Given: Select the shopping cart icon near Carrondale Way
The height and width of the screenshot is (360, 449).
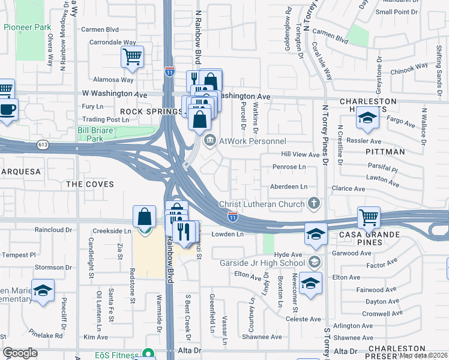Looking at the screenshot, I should click(132, 58).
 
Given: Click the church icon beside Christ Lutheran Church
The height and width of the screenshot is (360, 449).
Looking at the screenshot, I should click(313, 204).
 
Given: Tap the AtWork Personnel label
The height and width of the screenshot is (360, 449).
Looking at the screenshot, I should click(253, 141).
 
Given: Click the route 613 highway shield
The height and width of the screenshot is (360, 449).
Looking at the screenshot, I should click(43, 144).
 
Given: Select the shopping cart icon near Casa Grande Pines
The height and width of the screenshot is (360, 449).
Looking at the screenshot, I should click(369, 217).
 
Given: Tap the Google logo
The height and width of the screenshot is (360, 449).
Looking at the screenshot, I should click(20, 353).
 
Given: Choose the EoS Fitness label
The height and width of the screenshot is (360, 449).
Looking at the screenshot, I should click(117, 355).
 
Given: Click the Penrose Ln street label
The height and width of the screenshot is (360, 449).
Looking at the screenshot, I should click(289, 167).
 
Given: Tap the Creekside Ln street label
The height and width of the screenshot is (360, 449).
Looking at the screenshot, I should click(112, 230).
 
